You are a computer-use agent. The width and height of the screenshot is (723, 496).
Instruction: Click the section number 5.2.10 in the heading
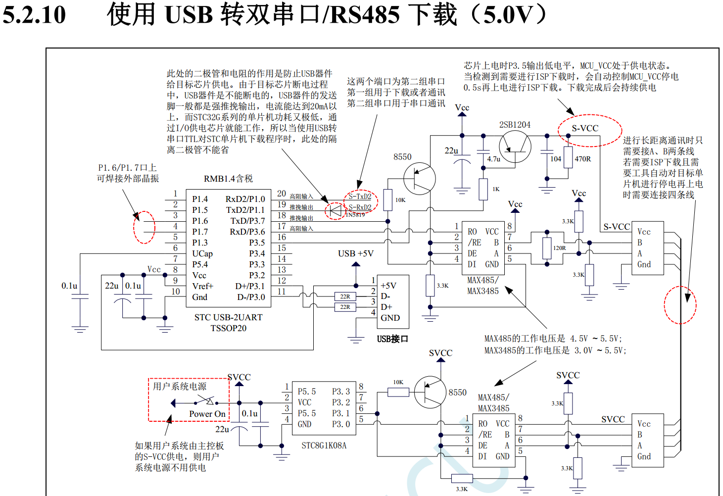(34, 15)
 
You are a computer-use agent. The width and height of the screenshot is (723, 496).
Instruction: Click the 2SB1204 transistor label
(515, 125)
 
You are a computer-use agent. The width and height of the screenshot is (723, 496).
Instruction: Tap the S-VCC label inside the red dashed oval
(585, 129)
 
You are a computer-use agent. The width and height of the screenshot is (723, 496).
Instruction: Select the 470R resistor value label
(582, 159)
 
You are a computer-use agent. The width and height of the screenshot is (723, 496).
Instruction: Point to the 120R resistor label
(559, 248)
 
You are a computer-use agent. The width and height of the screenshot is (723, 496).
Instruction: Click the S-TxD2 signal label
(360, 197)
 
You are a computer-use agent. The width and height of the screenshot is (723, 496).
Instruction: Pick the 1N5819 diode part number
(355, 215)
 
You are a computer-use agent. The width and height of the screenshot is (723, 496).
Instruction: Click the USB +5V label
(355, 253)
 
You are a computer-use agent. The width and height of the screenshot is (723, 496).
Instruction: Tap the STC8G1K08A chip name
(324, 446)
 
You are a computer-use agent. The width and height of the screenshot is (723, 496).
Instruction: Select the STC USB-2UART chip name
(228, 317)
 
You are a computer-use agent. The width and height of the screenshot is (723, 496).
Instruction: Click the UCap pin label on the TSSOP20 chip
(202, 253)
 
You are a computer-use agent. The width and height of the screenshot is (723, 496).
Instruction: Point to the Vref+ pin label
(202, 286)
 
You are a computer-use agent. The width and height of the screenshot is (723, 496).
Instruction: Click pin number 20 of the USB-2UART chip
(282, 194)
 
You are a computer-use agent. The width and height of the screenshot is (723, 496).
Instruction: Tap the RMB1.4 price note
(228, 179)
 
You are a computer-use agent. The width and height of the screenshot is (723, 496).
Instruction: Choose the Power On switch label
(207, 414)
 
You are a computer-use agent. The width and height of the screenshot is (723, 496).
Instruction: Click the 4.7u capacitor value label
(493, 159)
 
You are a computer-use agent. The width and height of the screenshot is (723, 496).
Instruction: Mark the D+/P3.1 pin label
(250, 286)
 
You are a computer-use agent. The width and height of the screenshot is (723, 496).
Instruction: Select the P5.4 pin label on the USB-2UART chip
(200, 264)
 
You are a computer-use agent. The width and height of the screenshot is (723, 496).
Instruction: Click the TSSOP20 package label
(228, 328)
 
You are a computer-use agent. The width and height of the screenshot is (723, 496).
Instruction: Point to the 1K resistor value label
(496, 189)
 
